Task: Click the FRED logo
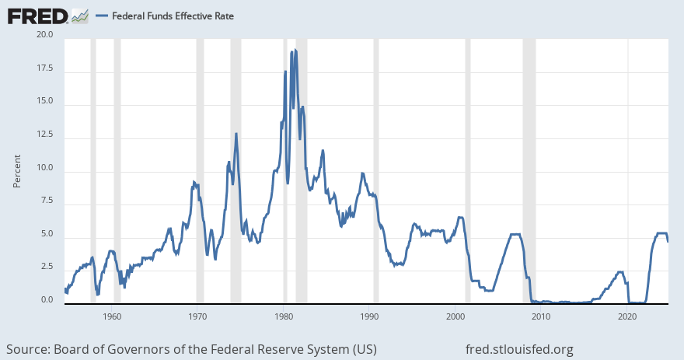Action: click(x=37, y=15)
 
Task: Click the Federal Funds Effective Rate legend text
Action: click(x=173, y=16)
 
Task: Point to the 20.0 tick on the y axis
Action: click(x=44, y=35)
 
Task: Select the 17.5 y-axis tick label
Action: click(x=44, y=68)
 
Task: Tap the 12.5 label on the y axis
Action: click(x=44, y=135)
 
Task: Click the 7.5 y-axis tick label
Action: click(x=46, y=201)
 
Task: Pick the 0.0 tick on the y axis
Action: click(x=46, y=300)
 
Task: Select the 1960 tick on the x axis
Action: click(x=112, y=316)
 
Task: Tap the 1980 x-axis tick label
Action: click(x=284, y=316)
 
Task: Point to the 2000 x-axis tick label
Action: click(x=455, y=316)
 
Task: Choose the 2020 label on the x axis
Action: click(x=627, y=316)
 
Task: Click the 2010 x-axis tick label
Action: click(x=541, y=316)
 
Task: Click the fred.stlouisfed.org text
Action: click(x=519, y=348)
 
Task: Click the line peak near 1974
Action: click(x=236, y=134)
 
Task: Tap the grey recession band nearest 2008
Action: click(x=529, y=171)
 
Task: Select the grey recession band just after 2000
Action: click(x=467, y=171)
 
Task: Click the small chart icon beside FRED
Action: click(x=79, y=16)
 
